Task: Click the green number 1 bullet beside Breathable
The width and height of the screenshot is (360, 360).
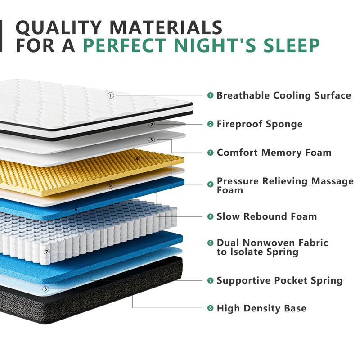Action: click(x=210, y=95)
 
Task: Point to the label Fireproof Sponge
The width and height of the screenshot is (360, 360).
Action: click(x=260, y=124)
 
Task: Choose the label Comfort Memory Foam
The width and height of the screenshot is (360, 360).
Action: click(x=274, y=153)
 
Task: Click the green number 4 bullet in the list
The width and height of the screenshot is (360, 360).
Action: click(x=210, y=184)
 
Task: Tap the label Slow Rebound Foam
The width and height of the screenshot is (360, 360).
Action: click(x=266, y=216)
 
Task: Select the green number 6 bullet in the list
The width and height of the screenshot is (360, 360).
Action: click(x=210, y=243)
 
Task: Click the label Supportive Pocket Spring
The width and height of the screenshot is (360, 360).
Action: click(x=279, y=280)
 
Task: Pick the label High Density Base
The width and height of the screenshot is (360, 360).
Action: click(x=261, y=308)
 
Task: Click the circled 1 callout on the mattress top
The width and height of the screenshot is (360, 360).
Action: click(x=111, y=95)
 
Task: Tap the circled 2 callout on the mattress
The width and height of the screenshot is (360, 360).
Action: click(x=152, y=125)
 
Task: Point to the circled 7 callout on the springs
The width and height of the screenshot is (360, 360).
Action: click(x=46, y=252)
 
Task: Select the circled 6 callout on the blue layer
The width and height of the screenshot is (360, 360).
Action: click(x=76, y=209)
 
